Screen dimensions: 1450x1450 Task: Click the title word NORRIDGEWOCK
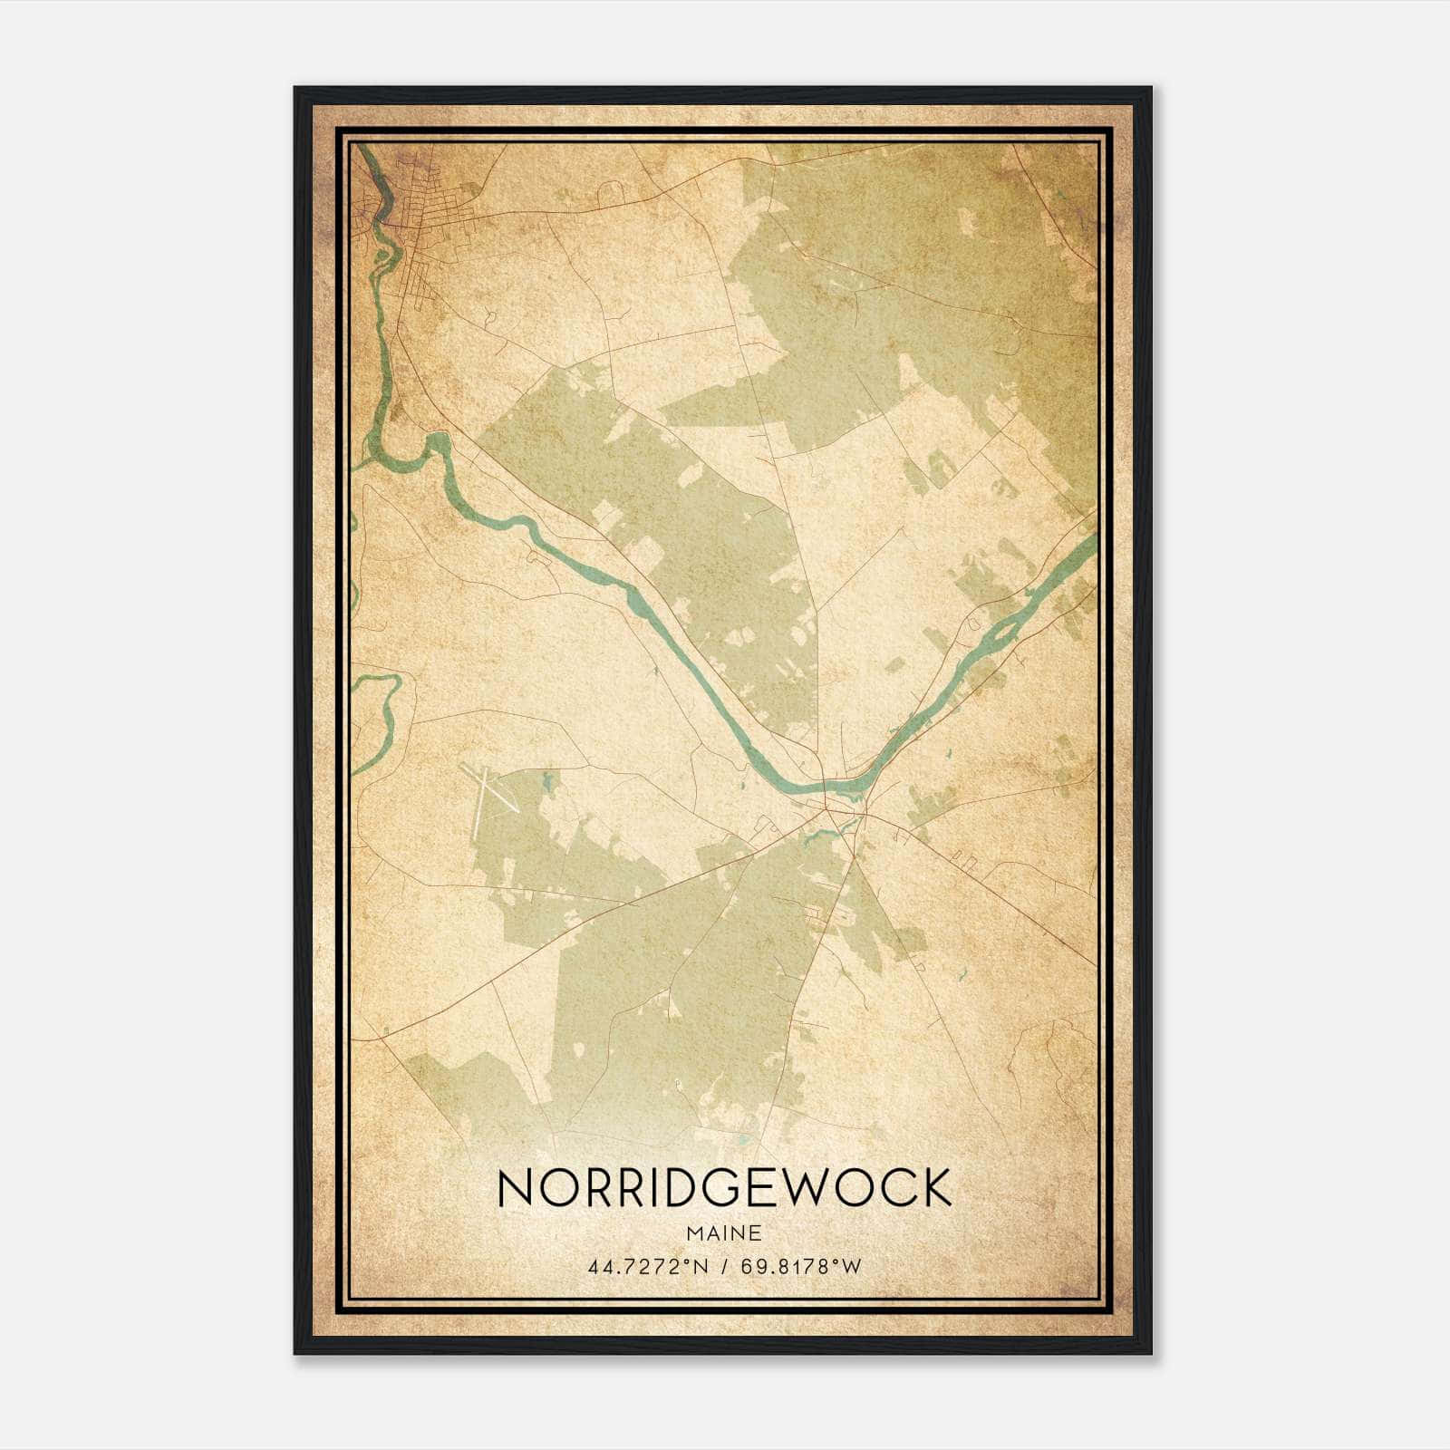point(724,1188)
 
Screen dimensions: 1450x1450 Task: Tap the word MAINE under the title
point(724,1233)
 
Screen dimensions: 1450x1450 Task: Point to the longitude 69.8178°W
point(800,1266)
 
